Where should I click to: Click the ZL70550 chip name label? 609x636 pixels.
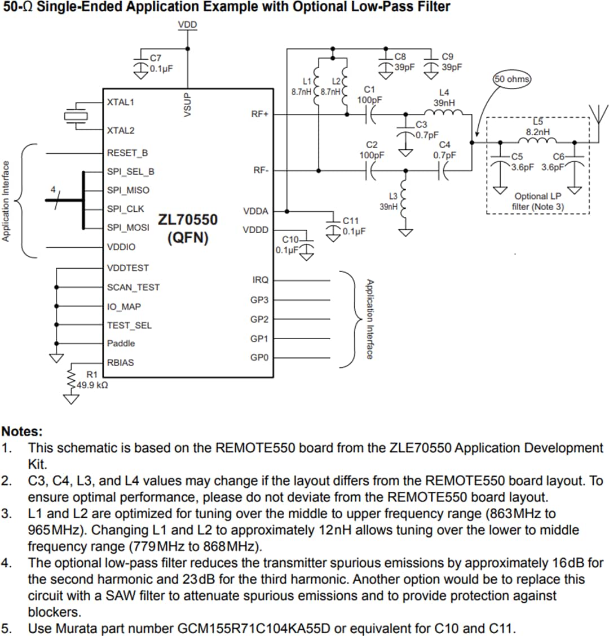coord(187,220)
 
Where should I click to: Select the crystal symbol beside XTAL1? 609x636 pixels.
coord(74,116)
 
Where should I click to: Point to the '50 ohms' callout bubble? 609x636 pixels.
coord(512,79)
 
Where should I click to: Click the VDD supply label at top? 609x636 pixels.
coord(188,25)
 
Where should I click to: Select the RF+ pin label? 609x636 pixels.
coord(259,114)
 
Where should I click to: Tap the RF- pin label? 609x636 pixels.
coord(260,171)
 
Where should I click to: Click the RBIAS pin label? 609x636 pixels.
coord(121,363)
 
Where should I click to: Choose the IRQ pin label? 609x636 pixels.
coord(261,280)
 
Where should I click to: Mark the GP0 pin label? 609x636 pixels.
coord(259,358)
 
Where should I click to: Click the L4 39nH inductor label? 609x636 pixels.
coord(444,97)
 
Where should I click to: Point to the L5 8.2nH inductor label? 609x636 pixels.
coord(537,127)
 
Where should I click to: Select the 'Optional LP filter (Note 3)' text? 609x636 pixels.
coord(537,202)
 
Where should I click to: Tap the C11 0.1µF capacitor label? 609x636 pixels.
coord(354,226)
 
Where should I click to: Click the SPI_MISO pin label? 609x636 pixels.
coord(128,190)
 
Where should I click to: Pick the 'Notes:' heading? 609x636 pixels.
coord(23,432)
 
